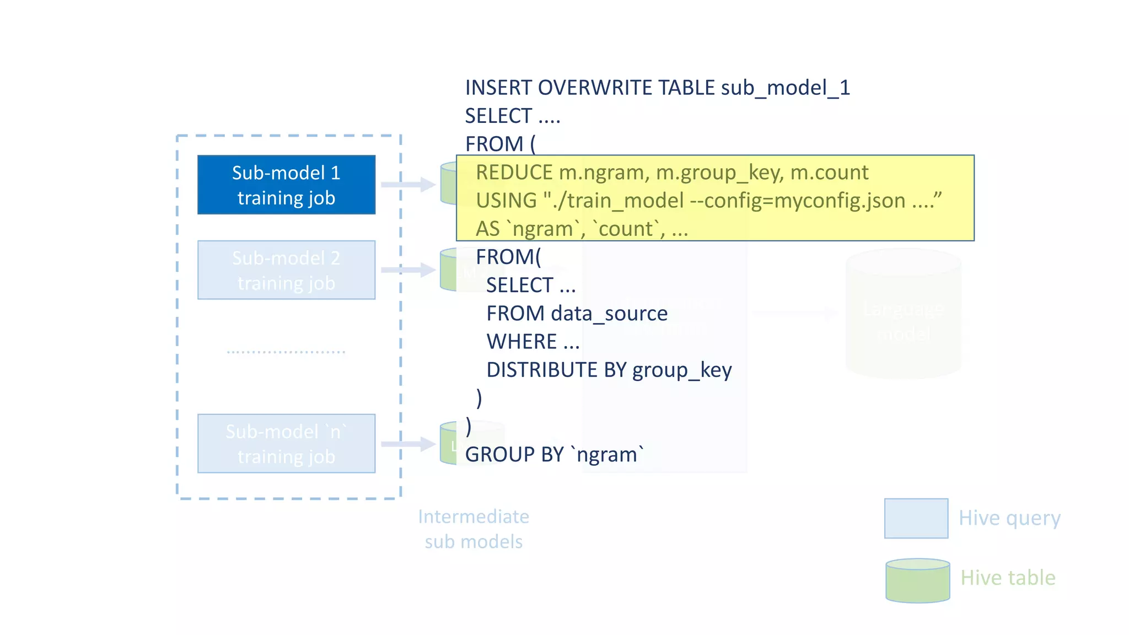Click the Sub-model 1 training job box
(286, 185)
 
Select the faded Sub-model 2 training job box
(286, 270)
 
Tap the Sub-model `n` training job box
(286, 444)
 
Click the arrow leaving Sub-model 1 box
(408, 184)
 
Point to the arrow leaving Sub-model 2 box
(408, 270)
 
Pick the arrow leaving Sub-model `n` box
(408, 444)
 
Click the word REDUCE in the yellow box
(514, 173)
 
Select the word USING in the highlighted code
(506, 201)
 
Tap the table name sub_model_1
(785, 88)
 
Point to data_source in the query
(609, 314)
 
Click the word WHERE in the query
(522, 342)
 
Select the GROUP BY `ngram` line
(554, 455)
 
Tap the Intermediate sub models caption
(474, 529)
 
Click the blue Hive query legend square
(916, 518)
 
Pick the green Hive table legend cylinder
(917, 580)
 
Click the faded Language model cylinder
(903, 314)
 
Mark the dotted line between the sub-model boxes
(286, 352)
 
